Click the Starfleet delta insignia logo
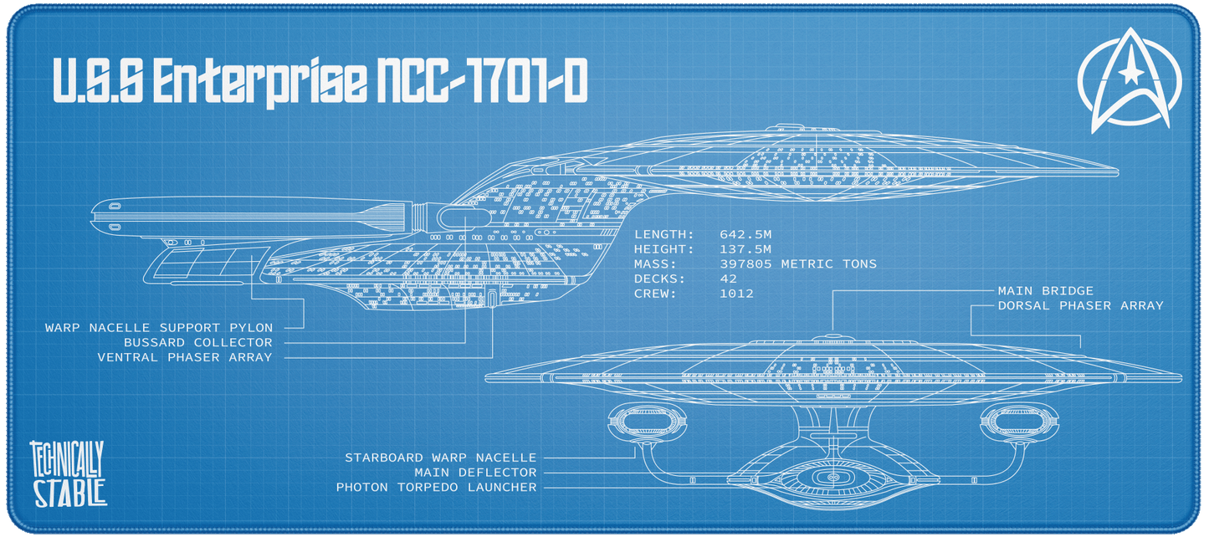[x=1130, y=79]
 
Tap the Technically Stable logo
[x=67, y=473]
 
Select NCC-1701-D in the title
[x=481, y=82]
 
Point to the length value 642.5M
[x=745, y=234]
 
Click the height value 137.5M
[x=745, y=249]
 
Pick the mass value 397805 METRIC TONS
[x=798, y=264]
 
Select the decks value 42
[x=729, y=279]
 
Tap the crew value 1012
[x=736, y=294]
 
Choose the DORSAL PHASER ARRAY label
[x=1080, y=306]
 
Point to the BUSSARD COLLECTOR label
[x=197, y=342]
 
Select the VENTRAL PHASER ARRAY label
[x=184, y=357]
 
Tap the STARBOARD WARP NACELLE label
[x=440, y=458]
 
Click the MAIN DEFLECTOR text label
[x=474, y=473]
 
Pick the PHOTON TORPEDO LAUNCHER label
[x=436, y=487]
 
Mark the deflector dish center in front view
[x=832, y=478]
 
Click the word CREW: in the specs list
[x=655, y=294]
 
